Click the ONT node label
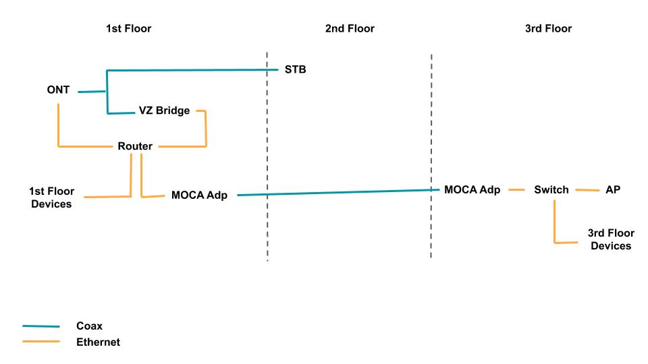[58, 90]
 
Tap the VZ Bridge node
[164, 111]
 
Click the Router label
[135, 146]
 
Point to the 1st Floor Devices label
[51, 198]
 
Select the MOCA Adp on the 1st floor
[199, 195]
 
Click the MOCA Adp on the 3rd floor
[472, 189]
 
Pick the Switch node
[551, 190]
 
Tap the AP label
[612, 190]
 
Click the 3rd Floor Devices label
[611, 239]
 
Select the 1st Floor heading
[128, 28]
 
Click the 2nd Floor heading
[350, 28]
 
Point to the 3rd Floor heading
[548, 28]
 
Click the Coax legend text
[88, 326]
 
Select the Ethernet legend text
[98, 342]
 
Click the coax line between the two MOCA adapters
[337, 192]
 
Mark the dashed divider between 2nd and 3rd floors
[431, 155]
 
